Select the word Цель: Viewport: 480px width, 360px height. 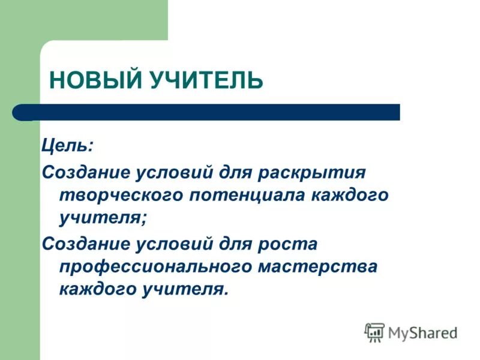(x=67, y=146)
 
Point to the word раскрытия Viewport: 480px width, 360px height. (x=313, y=172)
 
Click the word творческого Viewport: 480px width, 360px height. (x=119, y=195)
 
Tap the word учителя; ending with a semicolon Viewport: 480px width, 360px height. (x=103, y=218)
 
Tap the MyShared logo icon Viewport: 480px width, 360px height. (x=374, y=332)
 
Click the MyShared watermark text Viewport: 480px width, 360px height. (x=422, y=332)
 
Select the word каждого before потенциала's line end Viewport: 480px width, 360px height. (x=350, y=195)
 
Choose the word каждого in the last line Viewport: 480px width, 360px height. (x=99, y=289)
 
